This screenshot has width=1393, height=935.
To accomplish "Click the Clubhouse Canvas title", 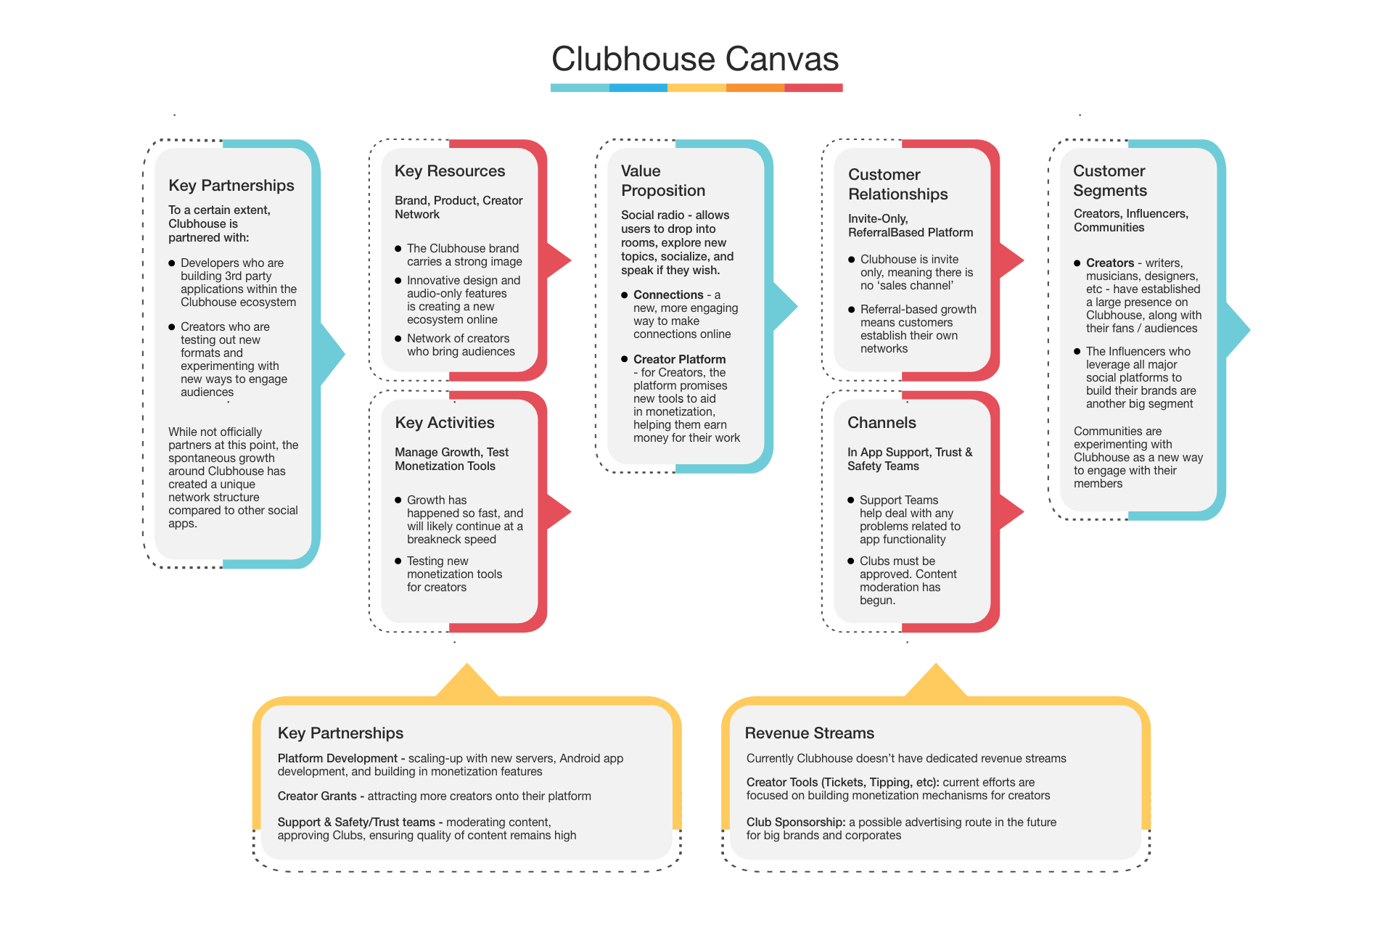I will pos(695,59).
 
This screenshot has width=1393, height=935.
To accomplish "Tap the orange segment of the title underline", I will pos(755,88).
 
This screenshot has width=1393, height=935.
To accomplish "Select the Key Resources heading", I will pos(450,171).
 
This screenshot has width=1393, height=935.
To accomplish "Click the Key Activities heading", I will pos(445,423).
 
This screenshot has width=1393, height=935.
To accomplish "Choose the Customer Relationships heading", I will pos(897,184).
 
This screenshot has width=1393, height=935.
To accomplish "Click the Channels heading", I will pos(882,423).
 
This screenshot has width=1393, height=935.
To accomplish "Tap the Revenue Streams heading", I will pos(810,733).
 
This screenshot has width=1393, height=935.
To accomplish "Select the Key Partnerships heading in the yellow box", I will pos(340,733).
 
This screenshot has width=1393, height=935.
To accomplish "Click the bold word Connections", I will pos(668,295).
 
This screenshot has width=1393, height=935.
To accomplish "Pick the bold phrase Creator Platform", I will pos(679,360).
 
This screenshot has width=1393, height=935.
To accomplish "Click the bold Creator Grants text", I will pos(317,796).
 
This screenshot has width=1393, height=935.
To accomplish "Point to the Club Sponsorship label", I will pos(796,823).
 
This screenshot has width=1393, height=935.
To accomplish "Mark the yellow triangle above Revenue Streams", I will pos(936,683).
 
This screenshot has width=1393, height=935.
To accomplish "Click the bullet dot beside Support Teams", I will pos(851,501).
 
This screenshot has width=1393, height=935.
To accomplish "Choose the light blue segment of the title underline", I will pos(580,88).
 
